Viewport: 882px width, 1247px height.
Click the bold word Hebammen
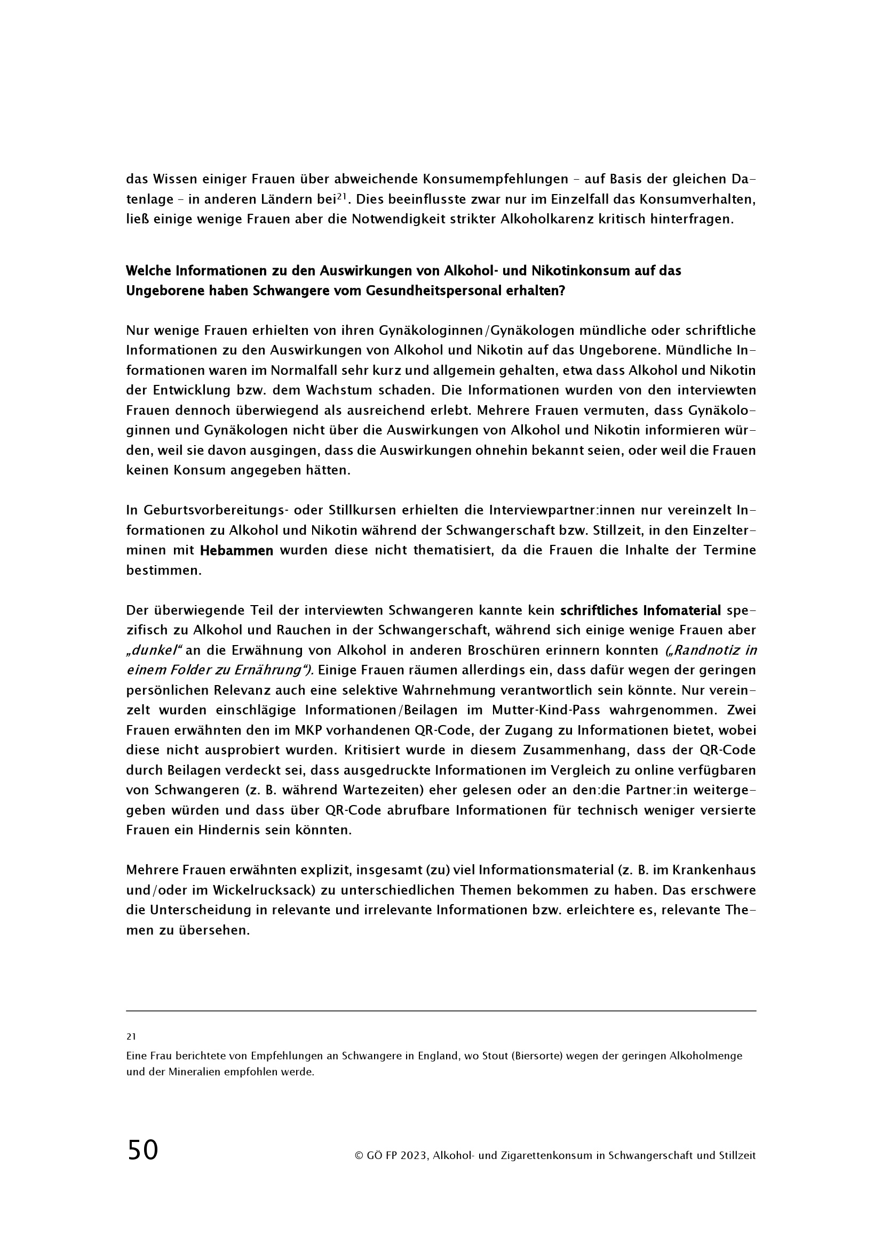[x=236, y=551]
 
